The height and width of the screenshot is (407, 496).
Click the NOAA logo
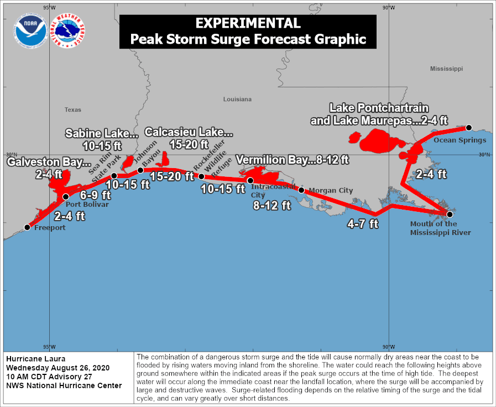(x=31, y=31)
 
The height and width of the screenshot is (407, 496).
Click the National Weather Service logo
(x=67, y=31)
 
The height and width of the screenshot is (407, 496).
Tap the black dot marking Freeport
(x=27, y=227)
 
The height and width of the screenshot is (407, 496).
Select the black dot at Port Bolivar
(x=66, y=196)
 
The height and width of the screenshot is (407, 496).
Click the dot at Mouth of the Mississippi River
(x=450, y=214)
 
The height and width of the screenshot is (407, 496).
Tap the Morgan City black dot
(x=301, y=190)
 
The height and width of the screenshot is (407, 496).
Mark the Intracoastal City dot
(x=250, y=181)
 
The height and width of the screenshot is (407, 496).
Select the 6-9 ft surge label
(x=95, y=195)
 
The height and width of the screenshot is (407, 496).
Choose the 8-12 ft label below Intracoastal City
(x=272, y=205)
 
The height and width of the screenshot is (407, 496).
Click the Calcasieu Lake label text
(x=189, y=132)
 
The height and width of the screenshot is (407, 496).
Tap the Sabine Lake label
(x=102, y=133)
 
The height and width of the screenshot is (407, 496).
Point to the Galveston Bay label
(x=49, y=163)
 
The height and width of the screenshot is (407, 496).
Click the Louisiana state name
(x=237, y=99)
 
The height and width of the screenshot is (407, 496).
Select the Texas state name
(x=72, y=109)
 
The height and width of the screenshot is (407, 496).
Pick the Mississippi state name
(x=446, y=69)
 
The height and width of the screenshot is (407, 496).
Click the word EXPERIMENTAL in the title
(x=248, y=23)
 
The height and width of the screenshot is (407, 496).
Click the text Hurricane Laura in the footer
(x=32, y=359)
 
